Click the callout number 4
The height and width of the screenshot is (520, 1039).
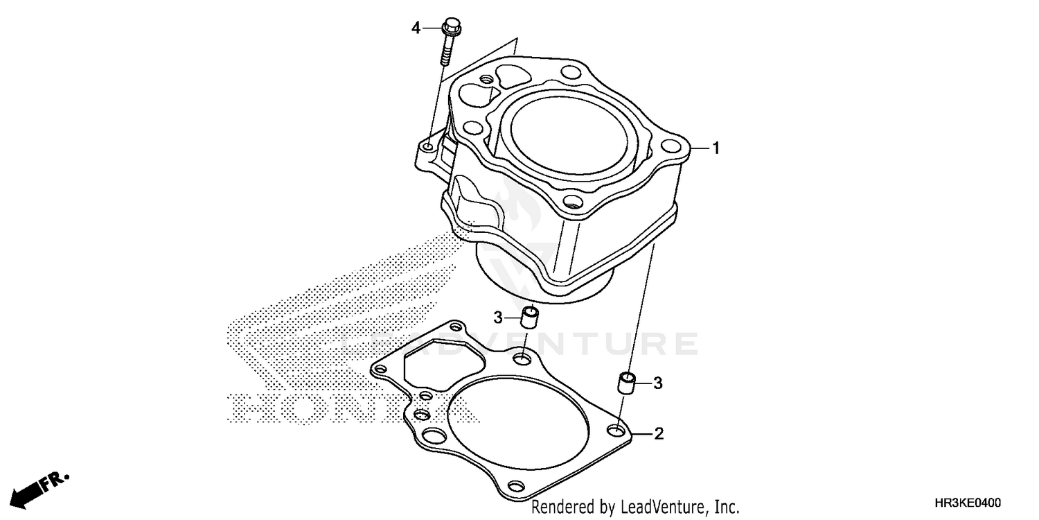point(416,28)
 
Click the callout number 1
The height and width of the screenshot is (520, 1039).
point(716,148)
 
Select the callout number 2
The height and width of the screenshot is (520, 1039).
point(659,435)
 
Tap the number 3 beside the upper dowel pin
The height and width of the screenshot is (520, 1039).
point(498,318)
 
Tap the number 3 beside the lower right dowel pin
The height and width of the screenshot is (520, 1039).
point(658,383)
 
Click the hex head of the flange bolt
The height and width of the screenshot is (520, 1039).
point(451,28)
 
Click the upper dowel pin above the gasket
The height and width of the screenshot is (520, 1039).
point(530,319)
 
